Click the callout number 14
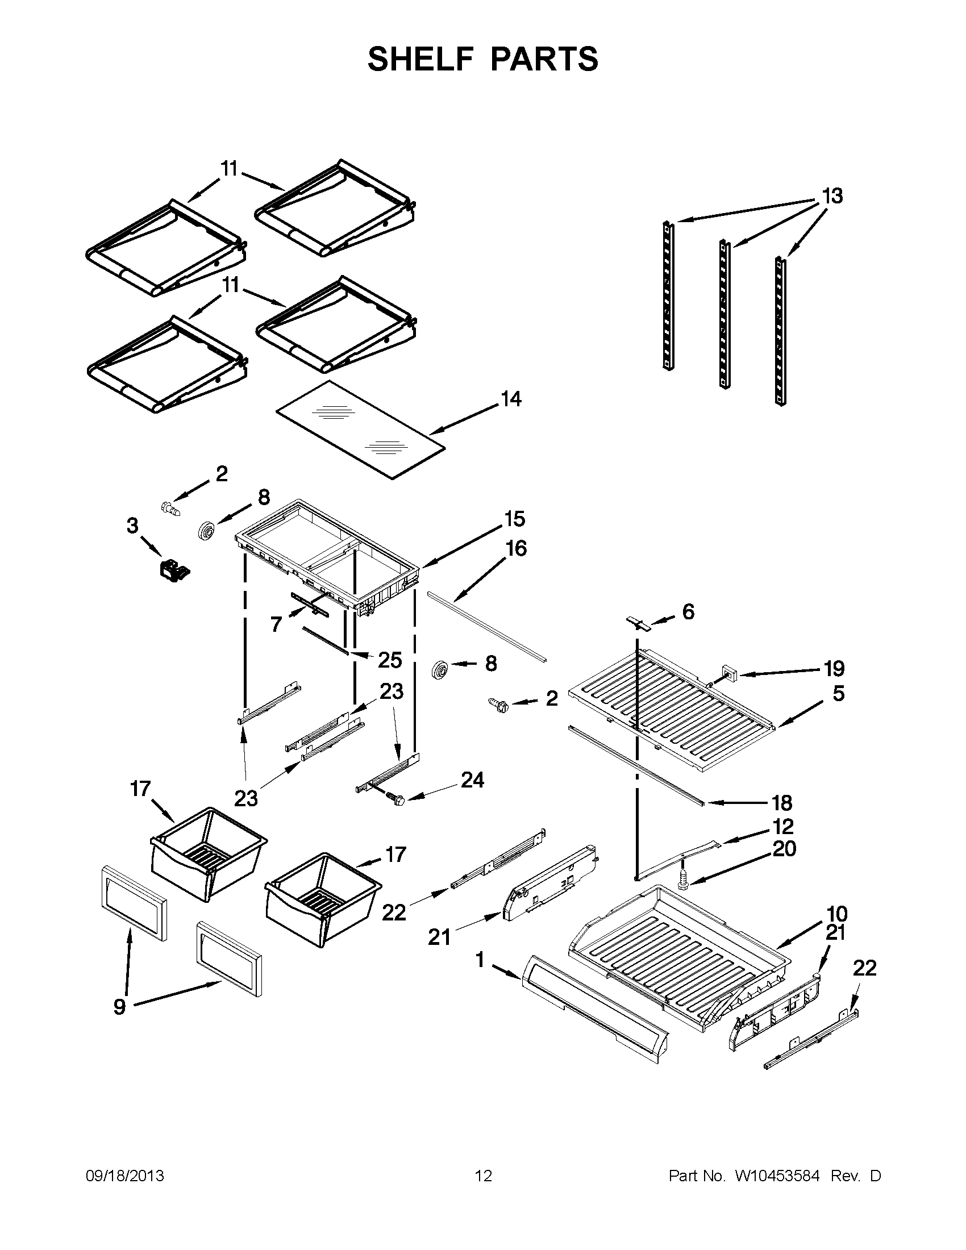511,399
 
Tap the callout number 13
832,197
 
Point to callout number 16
516,548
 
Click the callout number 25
390,660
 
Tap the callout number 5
838,693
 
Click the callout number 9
119,1022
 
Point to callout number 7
276,624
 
